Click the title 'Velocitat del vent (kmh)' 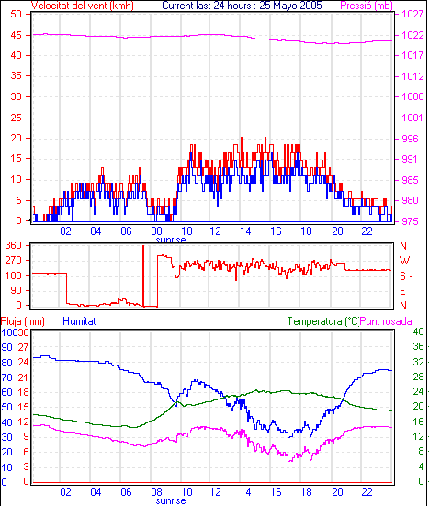point(83,6)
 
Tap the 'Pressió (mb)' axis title point(367,6)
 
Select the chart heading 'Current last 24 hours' point(207,6)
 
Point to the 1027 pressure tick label point(412,14)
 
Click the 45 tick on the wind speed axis point(16,35)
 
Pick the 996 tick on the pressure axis point(410,139)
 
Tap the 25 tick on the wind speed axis point(16,118)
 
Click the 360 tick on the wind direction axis point(14,245)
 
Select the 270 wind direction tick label point(14,261)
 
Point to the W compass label point(404,261)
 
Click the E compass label point(402,291)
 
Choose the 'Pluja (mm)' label point(23,321)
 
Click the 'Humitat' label point(79,321)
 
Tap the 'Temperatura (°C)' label point(323,321)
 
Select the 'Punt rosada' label point(386,321)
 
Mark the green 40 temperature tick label point(419,332)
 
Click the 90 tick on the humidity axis point(6,347)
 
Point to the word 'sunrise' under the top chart point(171,240)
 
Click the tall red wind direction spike point(143,275)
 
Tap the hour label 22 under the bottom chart point(367,492)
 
